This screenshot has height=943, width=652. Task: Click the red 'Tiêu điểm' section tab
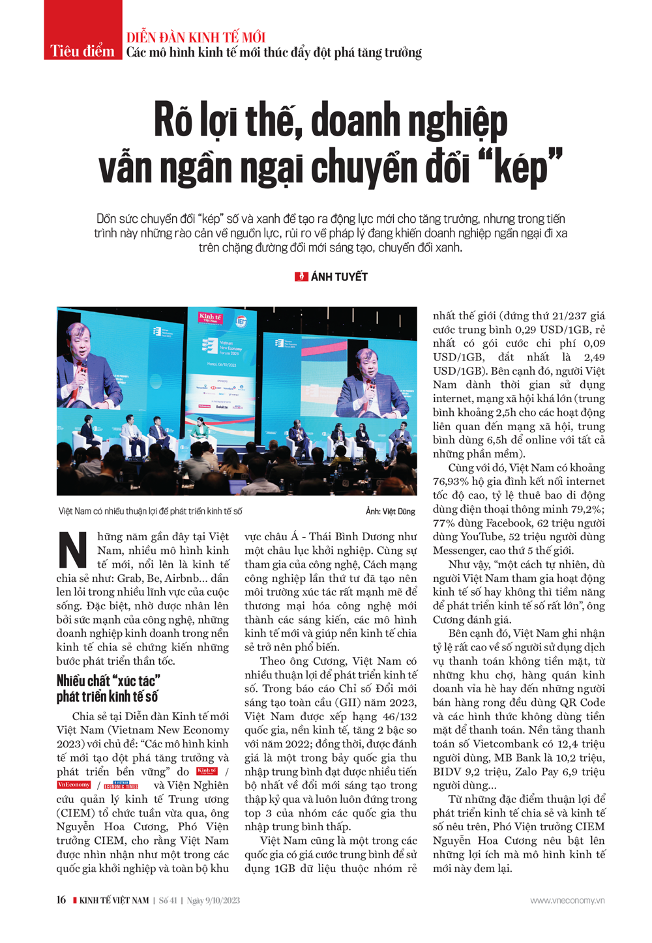pos(83,51)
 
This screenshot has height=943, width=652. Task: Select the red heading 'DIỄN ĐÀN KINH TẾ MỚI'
pos(196,37)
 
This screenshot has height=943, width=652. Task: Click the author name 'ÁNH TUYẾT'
pos(339,277)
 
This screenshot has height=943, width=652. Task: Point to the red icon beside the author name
pos(301,277)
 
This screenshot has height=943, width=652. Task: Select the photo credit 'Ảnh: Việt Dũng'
pos(390,512)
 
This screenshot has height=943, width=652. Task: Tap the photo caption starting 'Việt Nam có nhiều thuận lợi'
pos(150,512)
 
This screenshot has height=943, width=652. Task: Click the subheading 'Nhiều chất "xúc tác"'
pos(108,681)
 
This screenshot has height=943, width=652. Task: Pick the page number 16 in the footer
pos(61,900)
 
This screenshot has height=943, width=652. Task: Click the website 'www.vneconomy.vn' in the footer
pos(567,901)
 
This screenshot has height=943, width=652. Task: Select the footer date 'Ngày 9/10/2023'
pos(213,901)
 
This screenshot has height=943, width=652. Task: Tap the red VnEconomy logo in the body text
pos(74,785)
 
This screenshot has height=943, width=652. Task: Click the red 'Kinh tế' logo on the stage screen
pos(211,318)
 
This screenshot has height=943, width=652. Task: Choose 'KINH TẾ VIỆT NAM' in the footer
pos(114,901)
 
